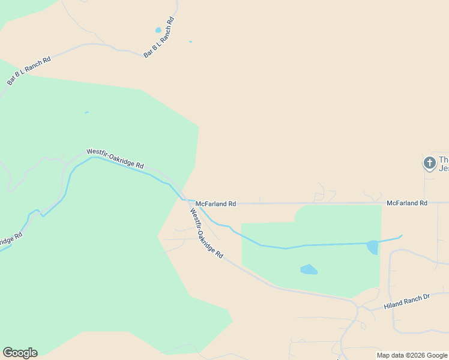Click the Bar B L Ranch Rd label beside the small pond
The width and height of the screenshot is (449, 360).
159,38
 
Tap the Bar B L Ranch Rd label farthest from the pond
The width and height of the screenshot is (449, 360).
29,69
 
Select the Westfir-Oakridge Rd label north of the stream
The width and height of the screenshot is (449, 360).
115,158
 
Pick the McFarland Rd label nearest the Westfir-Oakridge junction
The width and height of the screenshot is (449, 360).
215,204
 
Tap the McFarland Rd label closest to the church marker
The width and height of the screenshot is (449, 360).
406,203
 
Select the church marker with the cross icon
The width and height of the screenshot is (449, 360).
429,163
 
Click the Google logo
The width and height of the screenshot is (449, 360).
20,353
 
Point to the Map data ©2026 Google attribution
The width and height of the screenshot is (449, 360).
412,356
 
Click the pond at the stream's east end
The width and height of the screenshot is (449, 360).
373,247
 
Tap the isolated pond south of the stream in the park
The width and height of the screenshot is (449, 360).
309,269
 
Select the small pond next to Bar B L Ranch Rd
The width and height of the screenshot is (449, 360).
158,29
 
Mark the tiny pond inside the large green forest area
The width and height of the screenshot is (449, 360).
86,112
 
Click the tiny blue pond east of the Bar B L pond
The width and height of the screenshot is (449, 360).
190,41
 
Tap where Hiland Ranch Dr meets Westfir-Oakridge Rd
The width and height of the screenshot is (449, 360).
358,307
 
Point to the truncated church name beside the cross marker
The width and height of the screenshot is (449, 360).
444,164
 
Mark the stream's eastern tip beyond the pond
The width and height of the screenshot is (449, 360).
401,236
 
